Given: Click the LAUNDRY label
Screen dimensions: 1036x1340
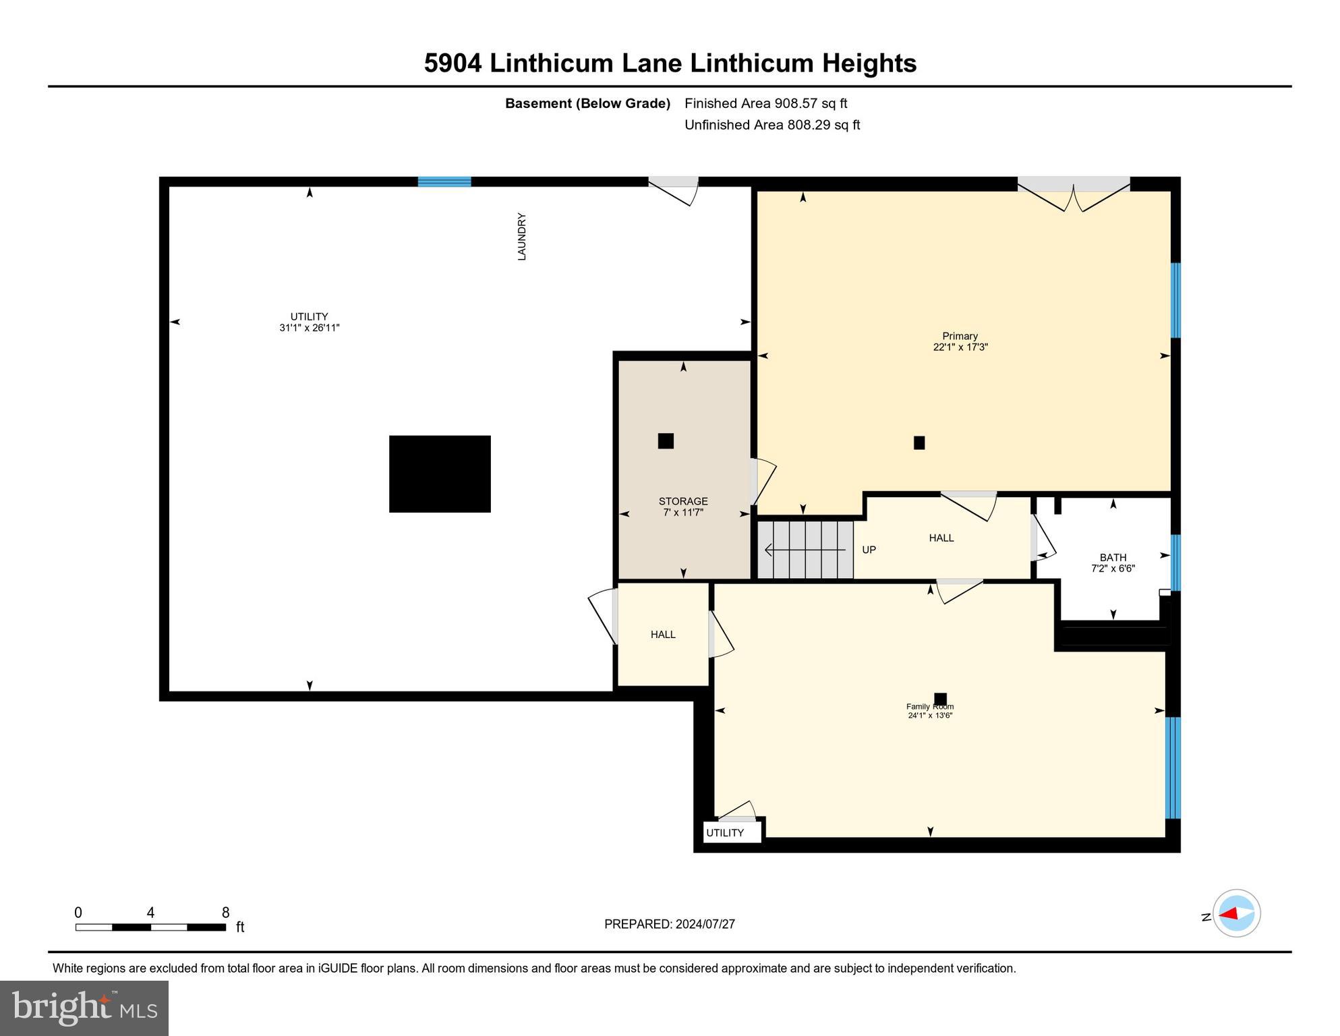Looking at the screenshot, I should pyautogui.click(x=521, y=237).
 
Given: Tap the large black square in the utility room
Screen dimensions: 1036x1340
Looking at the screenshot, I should pyautogui.click(x=440, y=474).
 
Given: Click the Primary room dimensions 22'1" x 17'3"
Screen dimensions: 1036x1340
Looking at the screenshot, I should pyautogui.click(x=960, y=347).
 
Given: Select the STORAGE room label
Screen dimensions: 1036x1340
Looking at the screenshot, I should pyautogui.click(x=683, y=501).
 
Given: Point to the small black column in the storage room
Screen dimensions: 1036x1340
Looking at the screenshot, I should pyautogui.click(x=666, y=441).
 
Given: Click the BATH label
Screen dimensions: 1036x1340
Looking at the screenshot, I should pyautogui.click(x=1113, y=557).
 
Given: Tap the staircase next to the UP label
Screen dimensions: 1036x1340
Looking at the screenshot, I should pyautogui.click(x=805, y=550).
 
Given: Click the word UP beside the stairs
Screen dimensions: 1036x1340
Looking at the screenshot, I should pyautogui.click(x=869, y=550).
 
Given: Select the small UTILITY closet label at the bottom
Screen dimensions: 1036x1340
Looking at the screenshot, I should pyautogui.click(x=725, y=833).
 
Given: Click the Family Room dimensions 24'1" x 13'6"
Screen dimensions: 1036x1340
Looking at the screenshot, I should pyautogui.click(x=930, y=716).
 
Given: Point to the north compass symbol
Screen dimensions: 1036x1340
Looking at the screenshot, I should pyautogui.click(x=1236, y=914).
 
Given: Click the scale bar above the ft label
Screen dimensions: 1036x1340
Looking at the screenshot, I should pyautogui.click(x=150, y=927).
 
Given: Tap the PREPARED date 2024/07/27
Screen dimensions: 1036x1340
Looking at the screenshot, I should pyautogui.click(x=669, y=924).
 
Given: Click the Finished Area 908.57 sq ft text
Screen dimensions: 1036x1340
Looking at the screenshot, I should pyautogui.click(x=765, y=103).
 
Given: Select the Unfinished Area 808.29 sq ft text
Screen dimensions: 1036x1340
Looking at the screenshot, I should pyautogui.click(x=771, y=125).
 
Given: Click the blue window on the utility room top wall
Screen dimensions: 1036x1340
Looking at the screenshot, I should pyautogui.click(x=444, y=181).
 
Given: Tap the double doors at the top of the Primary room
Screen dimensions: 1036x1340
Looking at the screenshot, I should pyautogui.click(x=1074, y=194).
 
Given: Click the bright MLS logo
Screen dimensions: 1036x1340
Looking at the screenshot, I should pyautogui.click(x=84, y=1008).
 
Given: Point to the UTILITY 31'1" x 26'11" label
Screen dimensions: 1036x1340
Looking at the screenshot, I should pyautogui.click(x=310, y=322).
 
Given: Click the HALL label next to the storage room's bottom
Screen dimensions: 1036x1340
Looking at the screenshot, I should pyautogui.click(x=663, y=635).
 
